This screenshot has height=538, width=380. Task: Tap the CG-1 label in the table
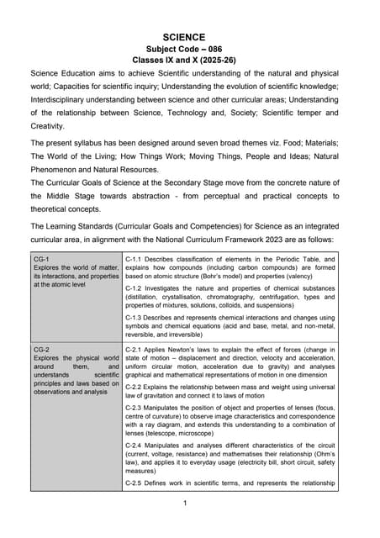pos(41,260)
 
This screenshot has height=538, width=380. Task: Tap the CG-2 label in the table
pos(41,349)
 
